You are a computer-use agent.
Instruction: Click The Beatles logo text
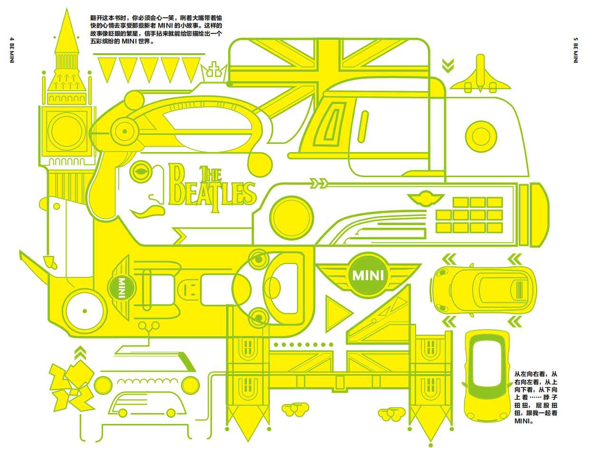click(211, 190)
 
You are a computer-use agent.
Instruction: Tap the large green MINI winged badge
click(369, 275)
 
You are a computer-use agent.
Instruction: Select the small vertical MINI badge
click(121, 288)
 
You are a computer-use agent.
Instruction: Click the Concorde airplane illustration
click(480, 76)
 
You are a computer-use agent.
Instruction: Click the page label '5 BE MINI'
click(576, 50)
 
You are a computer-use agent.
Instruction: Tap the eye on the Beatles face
click(140, 171)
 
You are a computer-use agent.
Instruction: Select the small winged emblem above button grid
click(424, 198)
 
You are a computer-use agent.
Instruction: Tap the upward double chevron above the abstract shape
click(81, 354)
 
